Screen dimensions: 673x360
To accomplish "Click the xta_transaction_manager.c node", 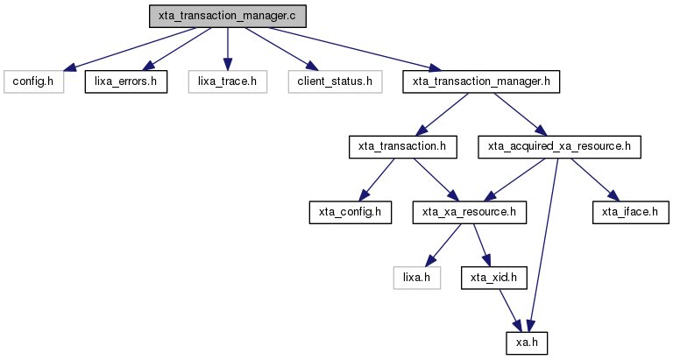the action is coord(228,17).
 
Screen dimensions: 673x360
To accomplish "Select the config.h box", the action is coord(33,81).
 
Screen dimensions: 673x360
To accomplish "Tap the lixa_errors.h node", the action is coord(126,81).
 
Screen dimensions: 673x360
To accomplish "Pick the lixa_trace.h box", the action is coord(228,81).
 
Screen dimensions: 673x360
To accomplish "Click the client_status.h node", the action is coord(335,81).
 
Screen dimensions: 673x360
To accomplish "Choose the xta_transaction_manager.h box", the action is coord(481,81).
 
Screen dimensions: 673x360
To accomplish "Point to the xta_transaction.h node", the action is coord(402,147).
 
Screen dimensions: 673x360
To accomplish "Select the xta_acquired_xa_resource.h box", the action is coord(559,147).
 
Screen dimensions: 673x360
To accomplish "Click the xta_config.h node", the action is coord(351,212).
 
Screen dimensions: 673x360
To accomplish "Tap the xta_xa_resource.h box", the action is coord(469,212).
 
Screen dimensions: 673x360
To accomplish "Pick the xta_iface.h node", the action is coord(630,212).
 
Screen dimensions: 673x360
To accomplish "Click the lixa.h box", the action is coord(417,278).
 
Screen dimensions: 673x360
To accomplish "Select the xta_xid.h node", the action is coord(493,278).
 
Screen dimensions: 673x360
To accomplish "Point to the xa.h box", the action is coord(527,342).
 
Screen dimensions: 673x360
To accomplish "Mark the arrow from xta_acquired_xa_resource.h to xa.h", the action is coord(543,245).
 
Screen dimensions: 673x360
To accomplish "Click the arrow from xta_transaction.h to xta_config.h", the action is coord(377,180).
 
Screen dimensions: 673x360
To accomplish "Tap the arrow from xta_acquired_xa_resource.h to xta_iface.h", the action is coord(595,180).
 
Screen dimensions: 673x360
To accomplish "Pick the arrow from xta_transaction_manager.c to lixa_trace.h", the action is coord(228,49).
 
